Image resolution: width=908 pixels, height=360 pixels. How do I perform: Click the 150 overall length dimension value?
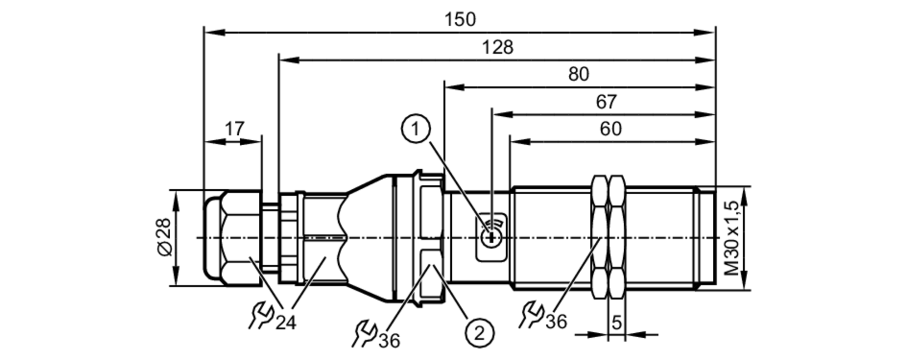(x=460, y=20)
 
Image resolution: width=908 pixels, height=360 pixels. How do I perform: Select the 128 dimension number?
(x=497, y=47)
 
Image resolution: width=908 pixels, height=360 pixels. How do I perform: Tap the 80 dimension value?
(x=578, y=74)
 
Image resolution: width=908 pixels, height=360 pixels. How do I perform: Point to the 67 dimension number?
(x=606, y=102)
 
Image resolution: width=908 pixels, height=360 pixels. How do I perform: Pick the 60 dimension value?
(x=610, y=129)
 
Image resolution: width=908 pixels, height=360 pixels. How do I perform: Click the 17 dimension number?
(x=234, y=129)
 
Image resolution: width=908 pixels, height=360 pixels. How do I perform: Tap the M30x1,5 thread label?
(x=731, y=238)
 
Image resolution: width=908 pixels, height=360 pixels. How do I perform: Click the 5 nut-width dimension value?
(x=616, y=322)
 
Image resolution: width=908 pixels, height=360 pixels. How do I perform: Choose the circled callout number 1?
(x=415, y=129)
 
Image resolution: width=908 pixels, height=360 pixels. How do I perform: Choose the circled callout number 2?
(x=479, y=334)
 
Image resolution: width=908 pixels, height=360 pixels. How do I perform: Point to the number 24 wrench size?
(x=286, y=323)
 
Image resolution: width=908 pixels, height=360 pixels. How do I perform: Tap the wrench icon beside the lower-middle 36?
(x=365, y=334)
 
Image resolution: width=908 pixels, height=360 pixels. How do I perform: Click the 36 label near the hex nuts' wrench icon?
(x=556, y=321)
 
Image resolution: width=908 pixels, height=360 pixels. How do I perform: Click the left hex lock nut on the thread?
(x=600, y=237)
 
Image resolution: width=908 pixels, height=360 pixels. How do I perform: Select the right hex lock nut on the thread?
(x=617, y=237)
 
